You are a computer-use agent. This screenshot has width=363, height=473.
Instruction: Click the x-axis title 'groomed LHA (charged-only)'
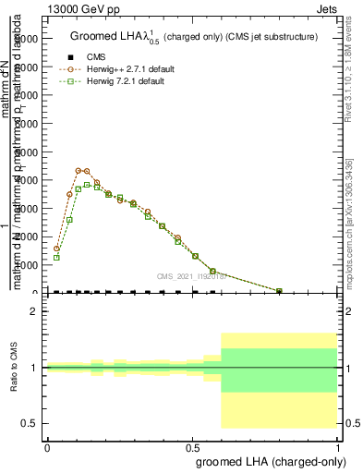268,461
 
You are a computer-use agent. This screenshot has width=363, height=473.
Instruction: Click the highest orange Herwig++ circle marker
79,170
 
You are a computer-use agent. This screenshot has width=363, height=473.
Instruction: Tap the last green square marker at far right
280,291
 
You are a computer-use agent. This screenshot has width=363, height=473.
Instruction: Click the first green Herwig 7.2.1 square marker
56,257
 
